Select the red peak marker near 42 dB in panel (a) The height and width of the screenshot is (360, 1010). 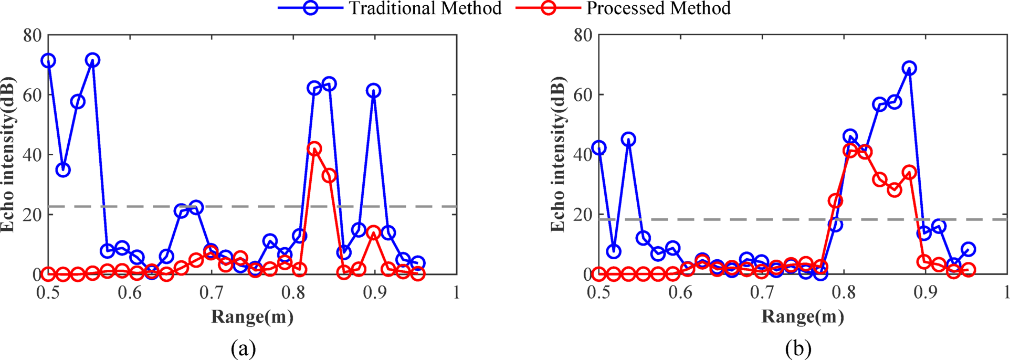click(x=314, y=149)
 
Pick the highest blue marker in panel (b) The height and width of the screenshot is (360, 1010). click(x=909, y=68)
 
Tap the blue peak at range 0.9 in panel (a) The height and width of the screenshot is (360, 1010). click(x=373, y=91)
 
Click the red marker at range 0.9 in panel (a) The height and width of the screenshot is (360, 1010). click(x=373, y=232)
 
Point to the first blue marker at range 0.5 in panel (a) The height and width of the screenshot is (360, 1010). click(x=48, y=61)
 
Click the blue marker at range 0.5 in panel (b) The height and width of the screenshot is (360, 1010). click(x=598, y=148)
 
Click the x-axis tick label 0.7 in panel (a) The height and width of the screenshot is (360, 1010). click(x=212, y=292)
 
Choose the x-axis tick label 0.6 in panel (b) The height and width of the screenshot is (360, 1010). click(x=680, y=292)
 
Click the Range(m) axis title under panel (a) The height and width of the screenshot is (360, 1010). click(x=252, y=316)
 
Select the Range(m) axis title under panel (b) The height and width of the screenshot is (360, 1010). click(x=803, y=316)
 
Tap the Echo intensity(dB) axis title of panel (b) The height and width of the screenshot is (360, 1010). click(x=558, y=154)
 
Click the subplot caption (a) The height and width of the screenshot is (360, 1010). click(x=243, y=348)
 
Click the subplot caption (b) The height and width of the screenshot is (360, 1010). click(x=798, y=348)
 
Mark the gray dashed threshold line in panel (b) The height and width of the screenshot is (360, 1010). click(x=735, y=219)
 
